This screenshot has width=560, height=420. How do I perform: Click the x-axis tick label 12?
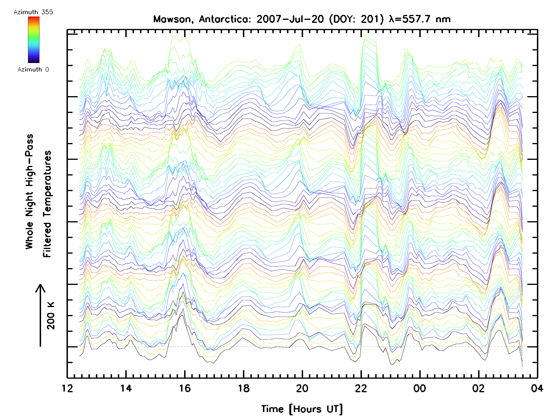pyautogui.click(x=67, y=388)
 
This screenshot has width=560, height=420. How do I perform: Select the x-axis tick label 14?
pyautogui.click(x=126, y=388)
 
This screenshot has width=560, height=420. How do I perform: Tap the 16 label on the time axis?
pyautogui.click(x=185, y=388)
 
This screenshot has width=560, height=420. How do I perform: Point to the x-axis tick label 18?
pyautogui.click(x=244, y=388)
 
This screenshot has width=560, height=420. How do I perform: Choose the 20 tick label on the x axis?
pyautogui.click(x=302, y=388)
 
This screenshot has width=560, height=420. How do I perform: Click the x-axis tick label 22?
pyautogui.click(x=361, y=388)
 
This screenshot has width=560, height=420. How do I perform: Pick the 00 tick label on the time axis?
pyautogui.click(x=420, y=388)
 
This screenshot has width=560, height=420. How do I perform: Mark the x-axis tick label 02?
pyautogui.click(x=479, y=388)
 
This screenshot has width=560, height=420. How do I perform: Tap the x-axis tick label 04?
pyautogui.click(x=537, y=388)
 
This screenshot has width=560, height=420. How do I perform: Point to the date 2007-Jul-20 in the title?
pyautogui.click(x=290, y=19)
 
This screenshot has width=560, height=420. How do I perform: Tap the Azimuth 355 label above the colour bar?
pyautogui.click(x=33, y=12)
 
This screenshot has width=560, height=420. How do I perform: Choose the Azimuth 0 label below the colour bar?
pyautogui.click(x=33, y=69)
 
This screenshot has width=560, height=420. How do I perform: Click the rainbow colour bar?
pyautogui.click(x=34, y=40)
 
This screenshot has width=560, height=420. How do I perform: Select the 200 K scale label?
pyautogui.click(x=51, y=316)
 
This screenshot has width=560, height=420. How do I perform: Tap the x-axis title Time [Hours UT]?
pyautogui.click(x=302, y=409)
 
